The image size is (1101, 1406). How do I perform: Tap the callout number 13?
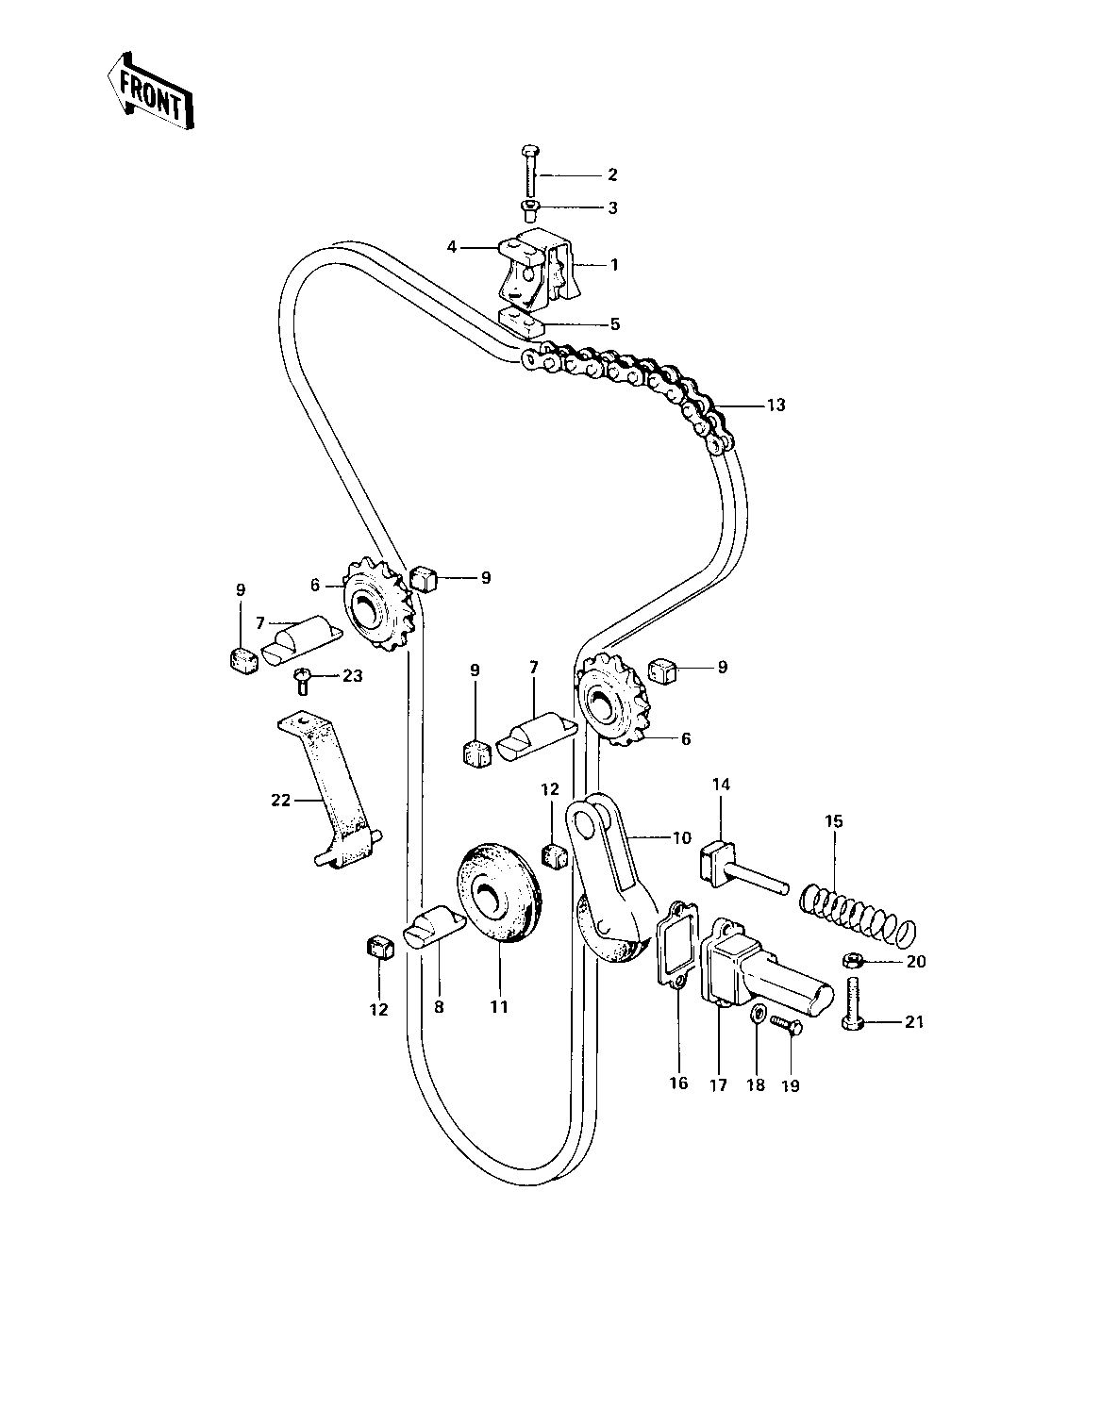pyautogui.click(x=776, y=405)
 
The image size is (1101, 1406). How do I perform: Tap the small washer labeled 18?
pyautogui.click(x=757, y=1017)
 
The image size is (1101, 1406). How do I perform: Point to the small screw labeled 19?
pyautogui.click(x=785, y=1024)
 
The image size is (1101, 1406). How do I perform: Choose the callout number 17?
pyautogui.click(x=718, y=1085)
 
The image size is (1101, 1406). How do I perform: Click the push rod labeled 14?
pyautogui.click(x=740, y=868)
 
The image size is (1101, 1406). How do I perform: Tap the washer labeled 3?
pyautogui.click(x=529, y=207)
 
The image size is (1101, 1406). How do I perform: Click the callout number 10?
pyautogui.click(x=682, y=837)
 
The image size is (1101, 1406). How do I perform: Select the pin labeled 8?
pyautogui.click(x=434, y=927)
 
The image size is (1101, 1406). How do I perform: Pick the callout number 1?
pyautogui.click(x=614, y=265)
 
